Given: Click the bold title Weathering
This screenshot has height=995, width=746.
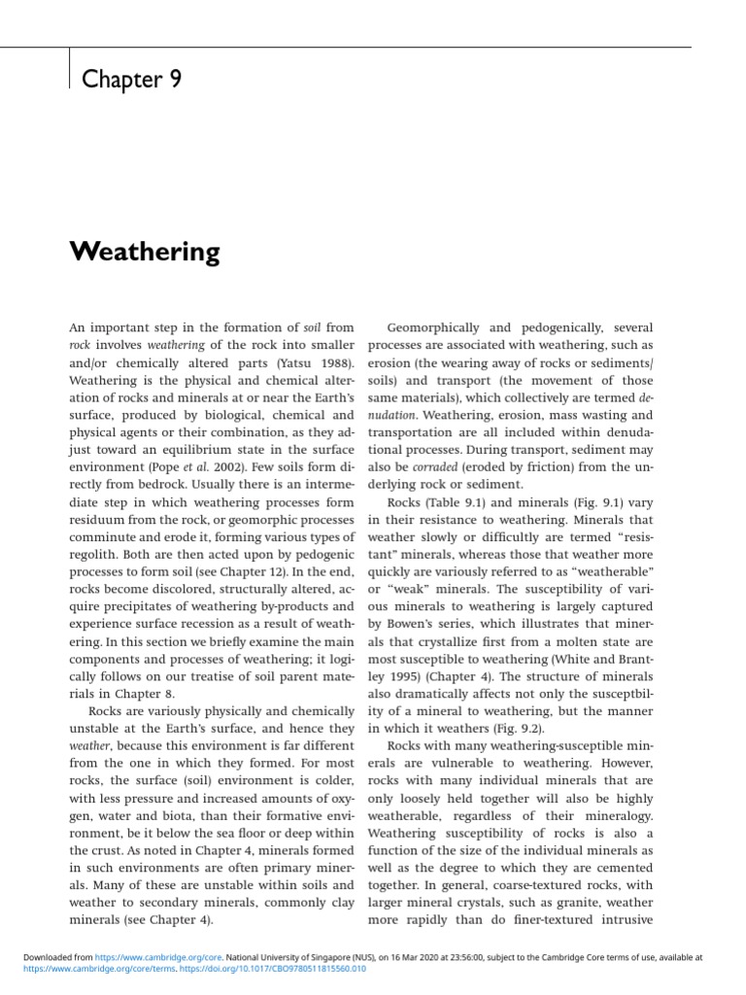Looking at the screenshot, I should tap(145, 253).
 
